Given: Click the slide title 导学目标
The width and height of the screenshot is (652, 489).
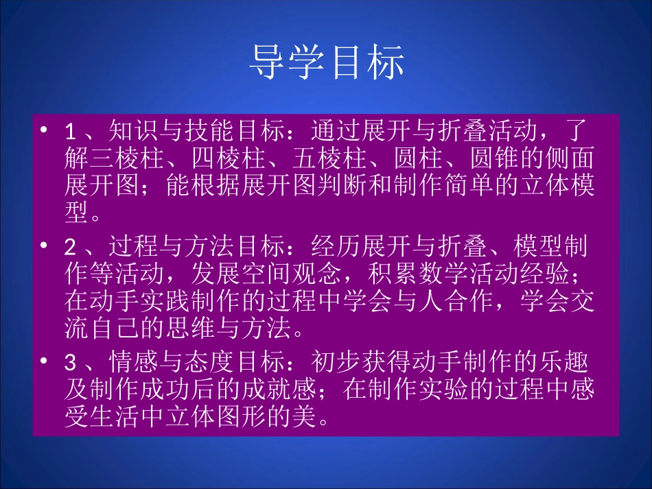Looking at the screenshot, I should click(x=326, y=62).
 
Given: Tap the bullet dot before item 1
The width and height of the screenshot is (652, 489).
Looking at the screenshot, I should click(x=45, y=130).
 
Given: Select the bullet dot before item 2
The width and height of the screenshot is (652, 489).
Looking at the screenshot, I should click(x=45, y=246).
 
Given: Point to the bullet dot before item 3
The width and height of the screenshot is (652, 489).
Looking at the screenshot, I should click(x=45, y=361).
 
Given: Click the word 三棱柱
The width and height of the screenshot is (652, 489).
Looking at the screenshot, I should click(x=127, y=160).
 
